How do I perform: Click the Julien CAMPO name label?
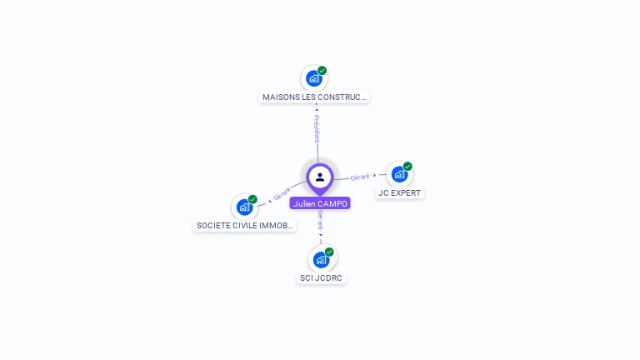pos(320,203)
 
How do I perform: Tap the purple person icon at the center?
pos(320,177)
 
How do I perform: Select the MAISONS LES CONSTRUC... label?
pos(314,97)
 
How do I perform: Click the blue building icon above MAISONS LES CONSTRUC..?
pos(313,79)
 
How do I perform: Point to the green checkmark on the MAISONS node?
pos(322,71)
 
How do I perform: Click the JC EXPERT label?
pos(400,192)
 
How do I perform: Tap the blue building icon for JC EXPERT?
pos(399,175)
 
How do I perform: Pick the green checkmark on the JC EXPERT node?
pos(407,167)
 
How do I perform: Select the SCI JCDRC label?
pos(321,277)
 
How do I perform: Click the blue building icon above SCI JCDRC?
pos(321,260)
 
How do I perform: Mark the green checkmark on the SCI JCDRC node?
pos(329,252)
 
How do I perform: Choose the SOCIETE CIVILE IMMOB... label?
pos(245,225)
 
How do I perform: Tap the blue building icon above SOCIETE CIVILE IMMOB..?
pos(244,207)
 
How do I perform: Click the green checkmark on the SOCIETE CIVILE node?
pos(252,199)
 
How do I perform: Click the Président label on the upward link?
pos(317,129)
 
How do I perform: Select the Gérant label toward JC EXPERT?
pos(360,177)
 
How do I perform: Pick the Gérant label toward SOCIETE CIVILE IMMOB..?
pos(282,194)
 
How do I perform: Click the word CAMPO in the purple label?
pos(332,203)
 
